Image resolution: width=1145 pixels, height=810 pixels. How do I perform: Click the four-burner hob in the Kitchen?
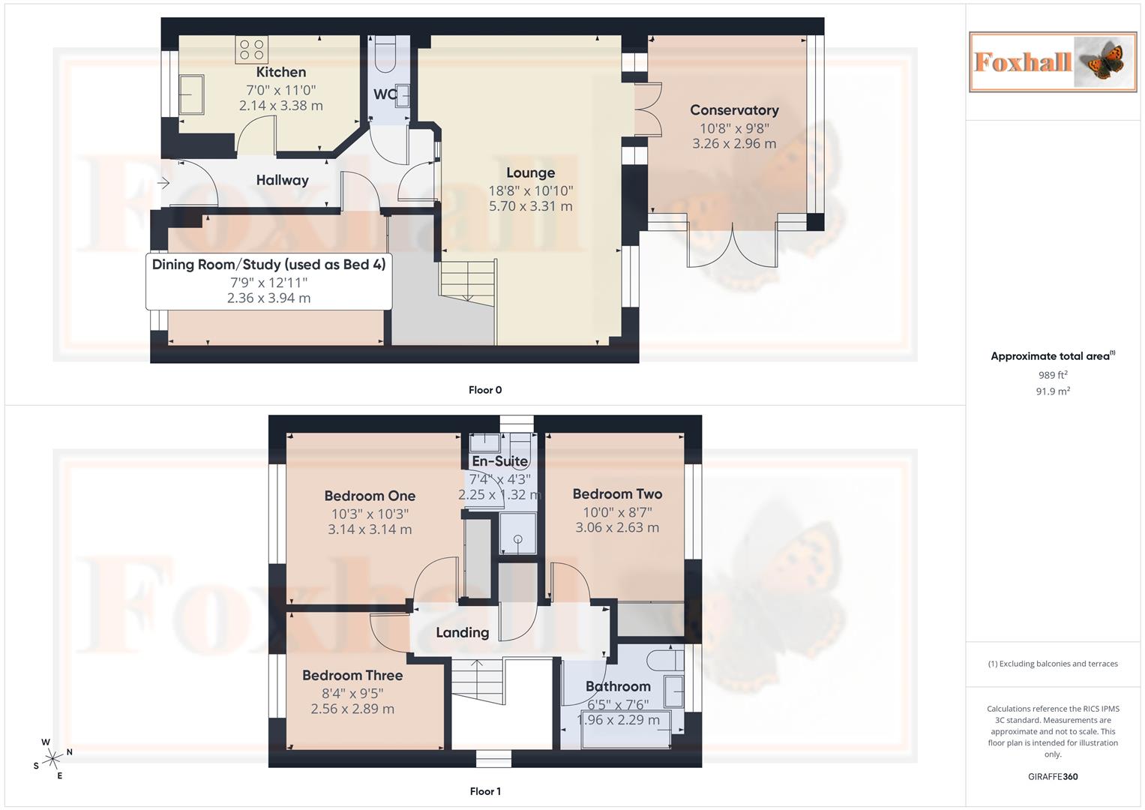point(251,50)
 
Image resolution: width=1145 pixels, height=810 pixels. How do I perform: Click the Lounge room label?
point(530,173)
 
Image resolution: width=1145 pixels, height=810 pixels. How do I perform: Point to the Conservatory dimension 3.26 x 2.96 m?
point(733,143)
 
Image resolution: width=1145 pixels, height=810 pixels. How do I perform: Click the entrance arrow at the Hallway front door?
point(163,182)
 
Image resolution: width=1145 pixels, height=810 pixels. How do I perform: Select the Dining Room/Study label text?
point(268,265)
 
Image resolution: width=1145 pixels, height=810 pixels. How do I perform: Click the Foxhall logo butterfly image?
point(1100,61)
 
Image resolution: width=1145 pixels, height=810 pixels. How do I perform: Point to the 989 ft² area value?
point(1052,375)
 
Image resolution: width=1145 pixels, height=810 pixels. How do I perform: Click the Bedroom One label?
point(370,496)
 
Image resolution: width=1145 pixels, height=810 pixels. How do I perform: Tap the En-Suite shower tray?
point(517,534)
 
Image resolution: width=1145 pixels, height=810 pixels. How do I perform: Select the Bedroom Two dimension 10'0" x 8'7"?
point(617,512)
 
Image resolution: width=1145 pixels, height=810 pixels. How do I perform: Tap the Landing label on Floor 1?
point(462,633)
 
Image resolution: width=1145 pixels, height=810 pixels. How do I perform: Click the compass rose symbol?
point(52,759)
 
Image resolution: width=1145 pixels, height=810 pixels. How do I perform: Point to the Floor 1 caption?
point(484,791)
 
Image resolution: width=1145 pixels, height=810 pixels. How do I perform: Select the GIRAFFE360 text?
point(1052,776)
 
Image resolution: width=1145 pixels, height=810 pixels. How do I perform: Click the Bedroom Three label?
point(352,676)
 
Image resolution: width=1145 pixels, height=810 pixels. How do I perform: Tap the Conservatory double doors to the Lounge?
point(647,110)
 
